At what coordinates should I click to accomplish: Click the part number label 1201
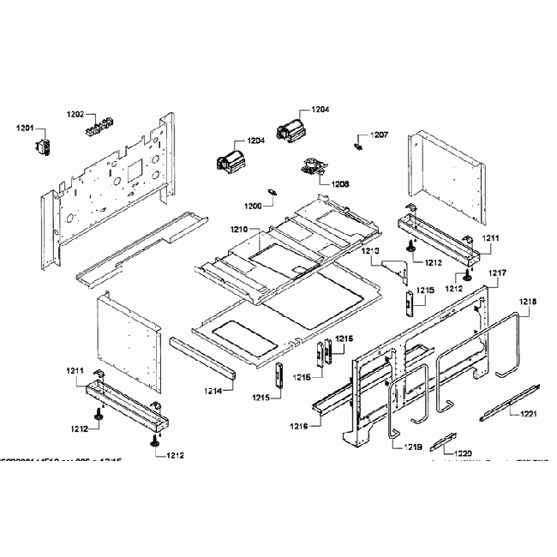pos(24,129)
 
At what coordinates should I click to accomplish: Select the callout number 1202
pos(75,113)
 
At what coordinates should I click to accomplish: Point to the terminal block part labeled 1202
pos(99,127)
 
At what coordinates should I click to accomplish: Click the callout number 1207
pos(379,135)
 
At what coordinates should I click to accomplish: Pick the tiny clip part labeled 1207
pos(359,146)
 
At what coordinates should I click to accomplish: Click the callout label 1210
pos(238,230)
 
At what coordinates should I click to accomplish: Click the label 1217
pos(499,273)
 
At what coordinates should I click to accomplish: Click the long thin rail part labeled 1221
pos(510,401)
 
